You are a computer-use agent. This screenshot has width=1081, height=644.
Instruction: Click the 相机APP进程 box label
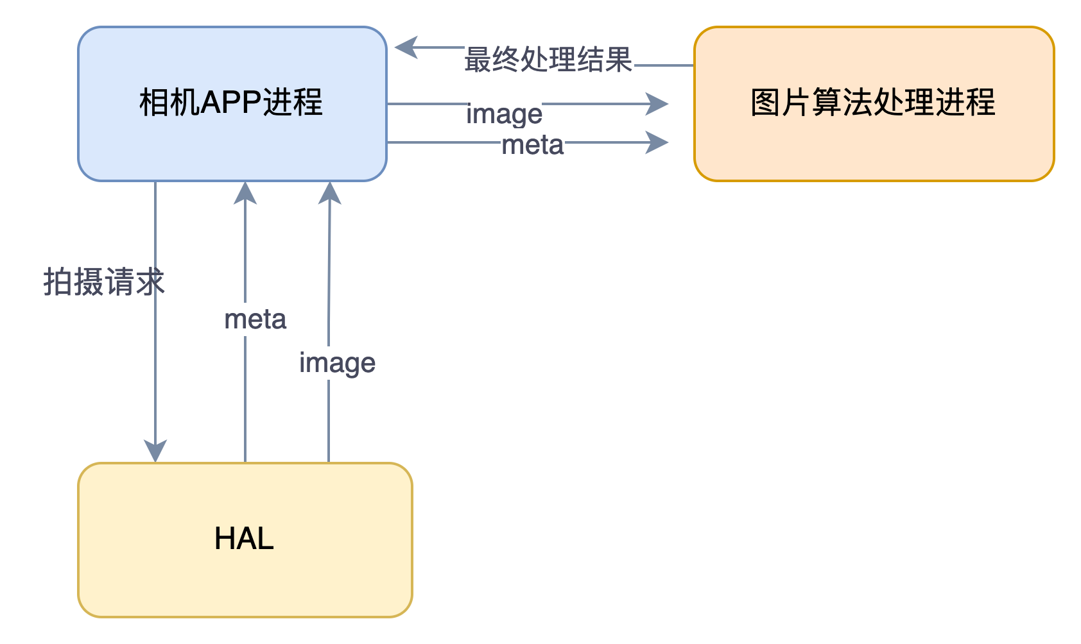(x=231, y=103)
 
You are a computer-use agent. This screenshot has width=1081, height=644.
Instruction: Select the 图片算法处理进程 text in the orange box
(x=873, y=103)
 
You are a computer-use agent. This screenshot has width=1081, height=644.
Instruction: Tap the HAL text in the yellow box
(x=244, y=538)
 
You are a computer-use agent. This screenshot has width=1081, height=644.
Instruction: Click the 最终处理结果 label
(x=549, y=60)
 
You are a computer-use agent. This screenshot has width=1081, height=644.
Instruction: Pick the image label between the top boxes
(x=505, y=114)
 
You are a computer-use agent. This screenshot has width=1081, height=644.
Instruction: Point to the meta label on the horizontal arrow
(x=533, y=145)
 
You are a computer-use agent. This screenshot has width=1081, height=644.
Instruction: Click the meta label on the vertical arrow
(x=255, y=319)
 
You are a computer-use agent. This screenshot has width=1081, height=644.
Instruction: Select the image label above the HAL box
(x=338, y=363)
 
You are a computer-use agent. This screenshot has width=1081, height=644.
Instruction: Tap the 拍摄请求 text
(x=104, y=282)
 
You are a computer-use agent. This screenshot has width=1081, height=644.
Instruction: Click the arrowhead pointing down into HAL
(x=155, y=450)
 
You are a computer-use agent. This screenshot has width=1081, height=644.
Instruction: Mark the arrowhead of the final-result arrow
(x=406, y=47)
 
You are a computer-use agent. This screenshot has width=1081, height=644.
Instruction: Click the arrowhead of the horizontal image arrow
(x=657, y=103)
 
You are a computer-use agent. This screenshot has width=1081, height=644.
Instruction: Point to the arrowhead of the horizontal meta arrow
(x=657, y=142)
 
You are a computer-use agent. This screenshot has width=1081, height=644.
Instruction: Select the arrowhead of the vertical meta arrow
(x=245, y=193)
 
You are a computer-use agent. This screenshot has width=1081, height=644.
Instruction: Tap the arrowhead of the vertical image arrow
(x=329, y=193)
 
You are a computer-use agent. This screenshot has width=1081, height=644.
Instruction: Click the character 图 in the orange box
(x=765, y=103)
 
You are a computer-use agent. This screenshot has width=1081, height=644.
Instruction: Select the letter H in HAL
(x=225, y=538)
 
